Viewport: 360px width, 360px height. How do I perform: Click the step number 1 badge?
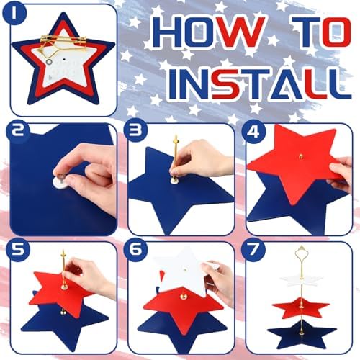(14, 14)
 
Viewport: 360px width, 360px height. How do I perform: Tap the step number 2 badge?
(18, 132)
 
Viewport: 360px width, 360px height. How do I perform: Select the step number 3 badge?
(136, 132)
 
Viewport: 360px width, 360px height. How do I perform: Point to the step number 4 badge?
(253, 132)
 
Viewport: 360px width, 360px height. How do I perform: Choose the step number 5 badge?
(18, 250)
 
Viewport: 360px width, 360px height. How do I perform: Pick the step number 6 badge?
(136, 250)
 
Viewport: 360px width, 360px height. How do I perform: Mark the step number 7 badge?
(253, 250)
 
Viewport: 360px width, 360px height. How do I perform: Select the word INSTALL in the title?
(259, 84)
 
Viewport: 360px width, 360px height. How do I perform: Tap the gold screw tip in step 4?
(301, 156)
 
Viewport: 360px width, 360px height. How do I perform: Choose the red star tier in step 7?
(301, 307)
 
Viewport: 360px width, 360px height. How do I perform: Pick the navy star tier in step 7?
(302, 334)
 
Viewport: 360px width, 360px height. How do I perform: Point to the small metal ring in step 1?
(49, 62)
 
